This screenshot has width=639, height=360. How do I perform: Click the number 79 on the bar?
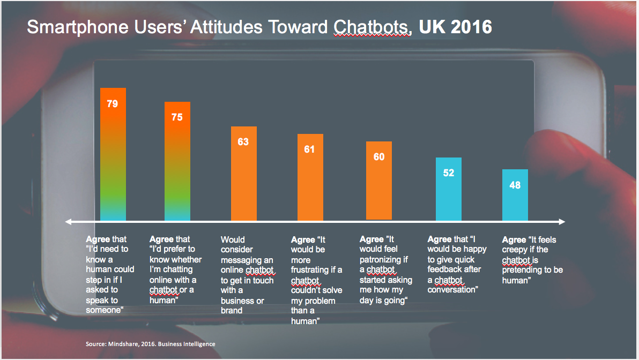(113, 104)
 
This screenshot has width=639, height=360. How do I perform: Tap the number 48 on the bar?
(515, 185)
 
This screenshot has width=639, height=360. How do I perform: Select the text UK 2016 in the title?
(455, 27)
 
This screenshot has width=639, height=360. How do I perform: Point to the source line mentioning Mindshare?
(150, 343)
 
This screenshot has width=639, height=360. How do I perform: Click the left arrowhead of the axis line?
(68, 221)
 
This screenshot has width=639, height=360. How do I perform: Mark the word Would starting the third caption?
(233, 239)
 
